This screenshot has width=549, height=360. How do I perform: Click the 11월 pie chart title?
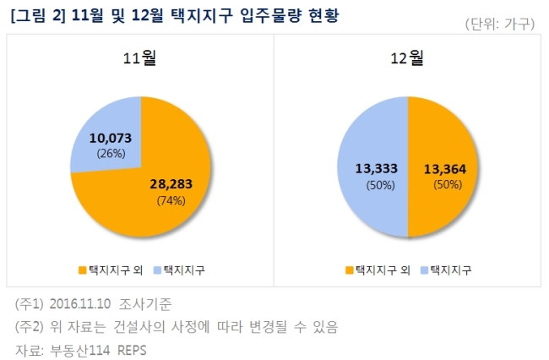[x=139, y=57]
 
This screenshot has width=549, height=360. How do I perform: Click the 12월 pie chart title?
[x=407, y=57]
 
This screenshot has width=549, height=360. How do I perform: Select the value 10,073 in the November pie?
[x=111, y=138]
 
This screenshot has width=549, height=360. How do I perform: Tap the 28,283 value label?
[x=171, y=184]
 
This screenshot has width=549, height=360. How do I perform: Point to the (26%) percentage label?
[x=111, y=154]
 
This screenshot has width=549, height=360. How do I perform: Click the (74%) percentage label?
[x=171, y=200]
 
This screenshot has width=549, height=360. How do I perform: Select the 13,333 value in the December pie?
[x=377, y=169]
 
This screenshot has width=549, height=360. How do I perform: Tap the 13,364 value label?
[x=445, y=170]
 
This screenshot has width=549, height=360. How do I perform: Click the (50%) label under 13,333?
[x=381, y=185]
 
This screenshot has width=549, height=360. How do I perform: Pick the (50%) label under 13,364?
[x=448, y=184]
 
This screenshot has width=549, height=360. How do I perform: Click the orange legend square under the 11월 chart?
[x=82, y=270]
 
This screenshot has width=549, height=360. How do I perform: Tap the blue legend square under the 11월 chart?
[x=158, y=270]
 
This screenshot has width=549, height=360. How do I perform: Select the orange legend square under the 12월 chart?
[x=350, y=270]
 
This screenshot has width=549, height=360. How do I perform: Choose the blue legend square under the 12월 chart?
[x=424, y=270]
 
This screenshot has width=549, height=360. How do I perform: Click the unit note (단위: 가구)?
[x=500, y=24]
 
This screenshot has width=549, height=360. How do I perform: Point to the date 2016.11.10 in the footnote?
[x=80, y=303]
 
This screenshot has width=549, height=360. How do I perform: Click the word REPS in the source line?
[x=132, y=350]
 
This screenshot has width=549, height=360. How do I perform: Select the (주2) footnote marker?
[x=29, y=327]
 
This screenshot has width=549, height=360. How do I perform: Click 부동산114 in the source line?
[x=80, y=350]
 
